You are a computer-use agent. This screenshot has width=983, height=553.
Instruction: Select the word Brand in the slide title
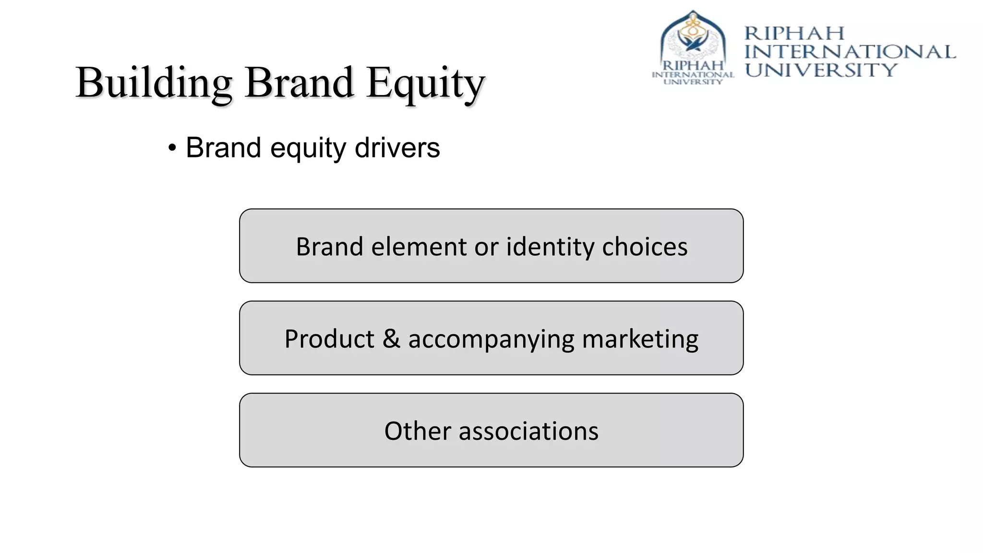point(299,83)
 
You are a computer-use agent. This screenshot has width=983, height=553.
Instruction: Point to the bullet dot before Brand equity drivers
point(172,148)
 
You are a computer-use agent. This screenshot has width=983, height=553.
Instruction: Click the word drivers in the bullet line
point(397,148)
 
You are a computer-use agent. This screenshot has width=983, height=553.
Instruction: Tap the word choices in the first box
point(645,247)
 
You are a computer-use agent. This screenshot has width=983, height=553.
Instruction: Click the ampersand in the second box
point(391,339)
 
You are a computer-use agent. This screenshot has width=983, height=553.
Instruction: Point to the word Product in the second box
point(329,339)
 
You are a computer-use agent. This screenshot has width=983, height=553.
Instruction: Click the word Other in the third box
point(417,431)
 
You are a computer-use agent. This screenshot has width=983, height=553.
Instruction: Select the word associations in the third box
point(528,431)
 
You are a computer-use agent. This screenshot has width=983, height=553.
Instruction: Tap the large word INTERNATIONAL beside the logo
point(850,52)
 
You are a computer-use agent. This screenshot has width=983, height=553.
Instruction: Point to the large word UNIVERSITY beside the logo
point(821,70)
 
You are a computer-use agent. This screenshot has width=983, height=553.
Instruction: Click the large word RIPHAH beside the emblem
point(794,34)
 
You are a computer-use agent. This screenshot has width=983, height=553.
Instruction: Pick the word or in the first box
point(486,247)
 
